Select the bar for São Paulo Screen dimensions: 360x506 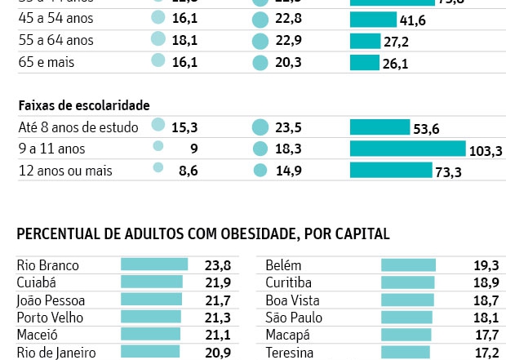[x=406, y=318]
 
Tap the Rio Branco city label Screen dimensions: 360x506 [x=48, y=265]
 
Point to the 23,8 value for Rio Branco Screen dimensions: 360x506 [x=217, y=265]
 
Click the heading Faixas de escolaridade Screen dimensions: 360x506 [x=83, y=105]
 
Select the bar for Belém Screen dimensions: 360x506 [x=408, y=265]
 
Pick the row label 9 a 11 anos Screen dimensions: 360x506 [x=51, y=149]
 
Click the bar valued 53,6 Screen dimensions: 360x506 [x=379, y=127]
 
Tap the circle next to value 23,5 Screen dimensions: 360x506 [x=260, y=127]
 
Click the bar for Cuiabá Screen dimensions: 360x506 [x=152, y=282]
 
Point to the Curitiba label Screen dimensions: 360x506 [x=289, y=282]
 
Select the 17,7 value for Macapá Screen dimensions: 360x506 [x=486, y=335]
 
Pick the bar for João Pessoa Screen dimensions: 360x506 [x=151, y=300]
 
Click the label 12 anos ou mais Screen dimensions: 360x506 [x=65, y=171]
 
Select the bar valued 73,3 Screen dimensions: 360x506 [x=391, y=170]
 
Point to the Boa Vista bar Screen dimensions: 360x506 [x=406, y=300]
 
